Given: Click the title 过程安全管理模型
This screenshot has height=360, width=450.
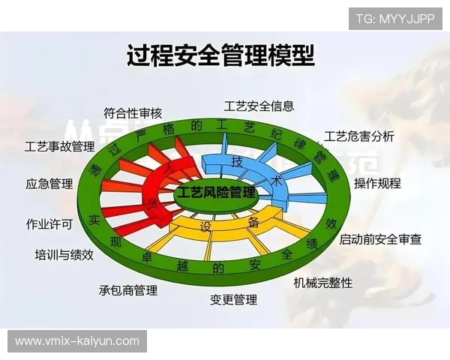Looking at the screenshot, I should pyautogui.click(x=220, y=55).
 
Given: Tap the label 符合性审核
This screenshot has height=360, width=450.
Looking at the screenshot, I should pyautogui.click(x=133, y=114).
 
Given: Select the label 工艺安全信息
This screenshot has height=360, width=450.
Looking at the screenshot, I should pyautogui.click(x=259, y=106).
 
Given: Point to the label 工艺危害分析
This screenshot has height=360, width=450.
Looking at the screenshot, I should pyautogui.click(x=359, y=136).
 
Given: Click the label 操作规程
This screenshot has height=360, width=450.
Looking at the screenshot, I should pyautogui.click(x=377, y=183).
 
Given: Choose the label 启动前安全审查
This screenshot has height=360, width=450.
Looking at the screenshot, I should pyautogui.click(x=380, y=239).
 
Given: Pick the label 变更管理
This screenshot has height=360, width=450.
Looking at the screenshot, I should pyautogui.click(x=233, y=300).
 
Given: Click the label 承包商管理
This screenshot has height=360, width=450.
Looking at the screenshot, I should pyautogui.click(x=128, y=290).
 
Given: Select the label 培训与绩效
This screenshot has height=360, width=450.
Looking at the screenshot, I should pyautogui.click(x=64, y=254).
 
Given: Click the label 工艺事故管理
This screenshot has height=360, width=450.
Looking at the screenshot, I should pyautogui.click(x=59, y=145).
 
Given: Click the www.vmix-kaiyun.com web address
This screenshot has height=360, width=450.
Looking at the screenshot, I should pyautogui.click(x=77, y=341).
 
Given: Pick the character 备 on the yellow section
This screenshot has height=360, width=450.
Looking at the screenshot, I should pyautogui.click(x=253, y=222).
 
